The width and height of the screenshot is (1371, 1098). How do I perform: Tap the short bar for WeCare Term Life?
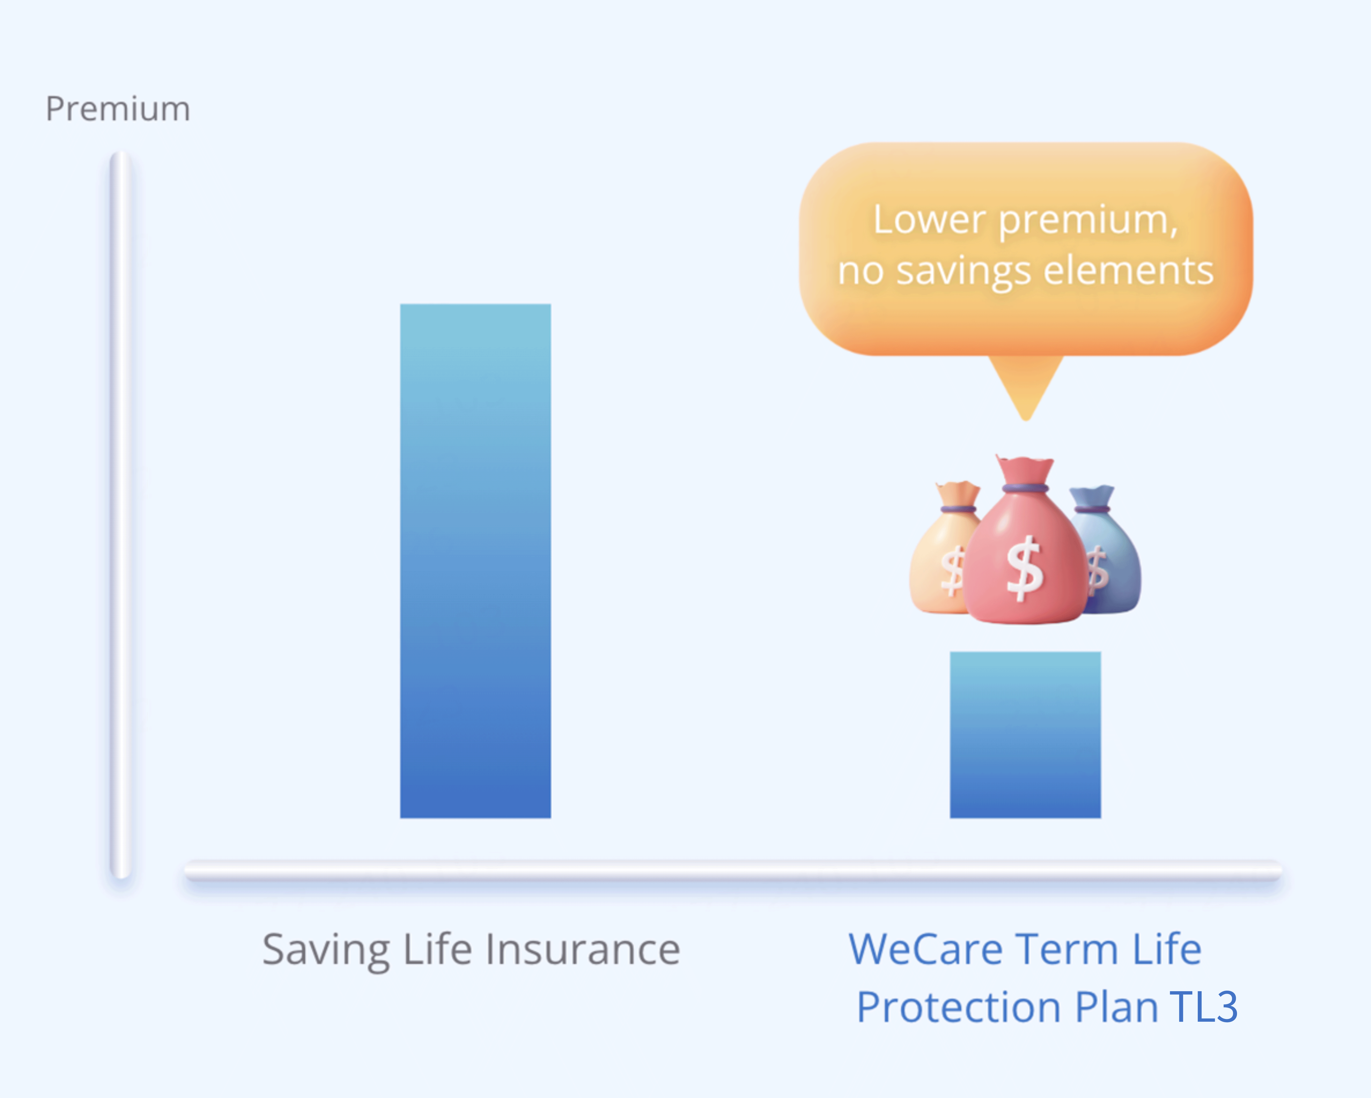click(x=1025, y=734)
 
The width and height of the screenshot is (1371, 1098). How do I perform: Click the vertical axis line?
click(x=120, y=515)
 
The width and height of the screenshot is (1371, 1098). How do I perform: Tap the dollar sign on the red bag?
click(x=1024, y=568)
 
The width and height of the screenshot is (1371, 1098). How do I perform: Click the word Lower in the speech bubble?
click(x=930, y=220)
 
